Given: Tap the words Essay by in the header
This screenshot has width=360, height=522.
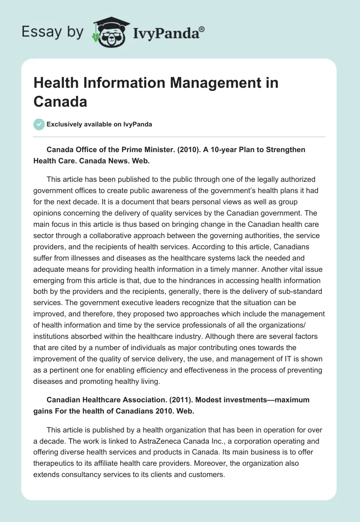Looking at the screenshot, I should pos(53,32).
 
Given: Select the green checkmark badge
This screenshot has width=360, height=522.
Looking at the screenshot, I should pos(39,124).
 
